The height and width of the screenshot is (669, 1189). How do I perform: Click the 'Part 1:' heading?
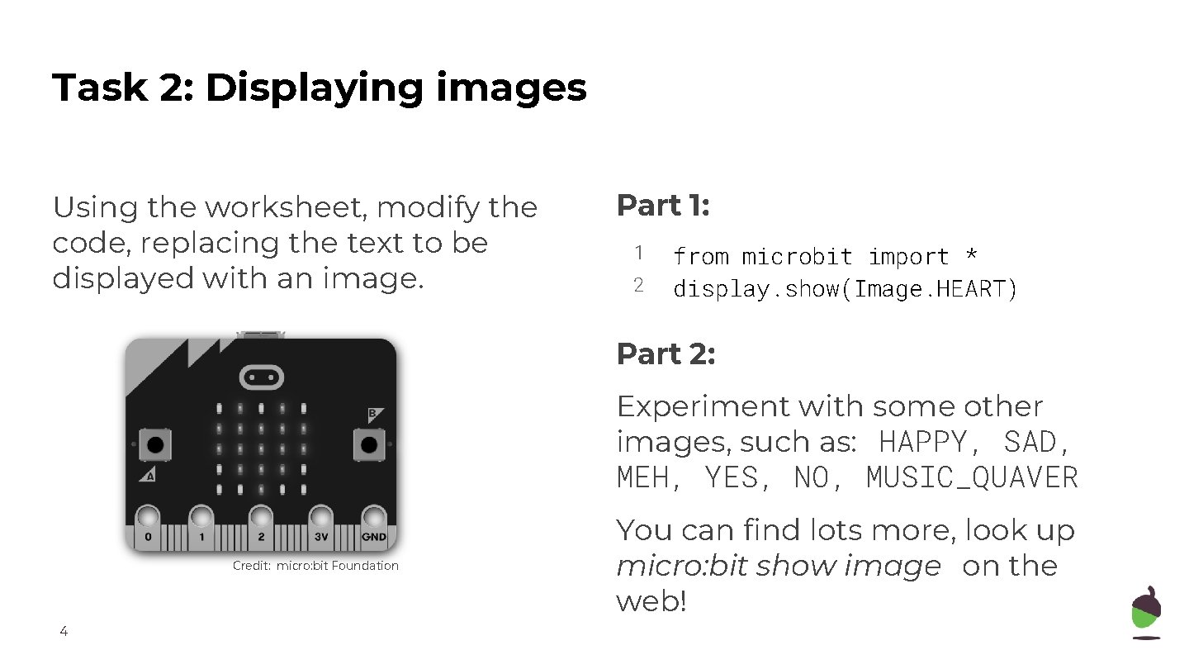663,206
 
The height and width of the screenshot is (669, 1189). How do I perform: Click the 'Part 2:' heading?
666,354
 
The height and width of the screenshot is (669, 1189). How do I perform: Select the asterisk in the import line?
971,257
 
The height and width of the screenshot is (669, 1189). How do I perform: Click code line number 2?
638,286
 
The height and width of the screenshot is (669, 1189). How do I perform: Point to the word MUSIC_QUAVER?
972,478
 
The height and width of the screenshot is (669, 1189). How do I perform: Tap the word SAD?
1035,443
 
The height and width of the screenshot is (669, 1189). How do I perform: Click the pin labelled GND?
373,520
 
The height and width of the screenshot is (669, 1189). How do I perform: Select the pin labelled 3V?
321,520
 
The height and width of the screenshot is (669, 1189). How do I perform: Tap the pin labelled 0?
148,520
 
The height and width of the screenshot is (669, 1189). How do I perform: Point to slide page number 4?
64,633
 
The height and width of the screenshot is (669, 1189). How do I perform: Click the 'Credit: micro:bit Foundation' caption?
315,566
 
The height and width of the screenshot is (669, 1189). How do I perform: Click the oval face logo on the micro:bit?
261,377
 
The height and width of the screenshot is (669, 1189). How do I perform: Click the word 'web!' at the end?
651,602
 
